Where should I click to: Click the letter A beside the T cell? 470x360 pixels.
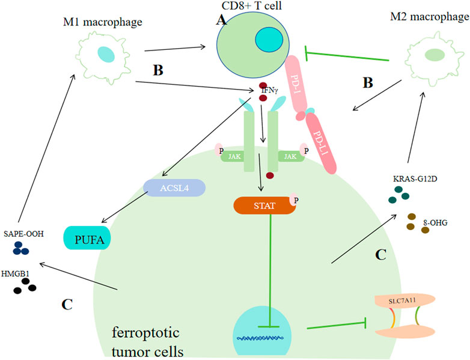coord(221,20)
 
